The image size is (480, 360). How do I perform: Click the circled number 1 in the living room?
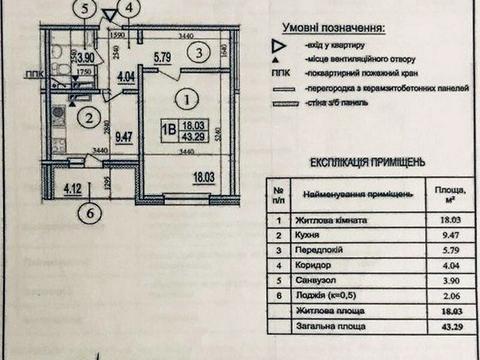pyautogui.click(x=184, y=99)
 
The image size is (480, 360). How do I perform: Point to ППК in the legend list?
pyautogui.click(x=280, y=73)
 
